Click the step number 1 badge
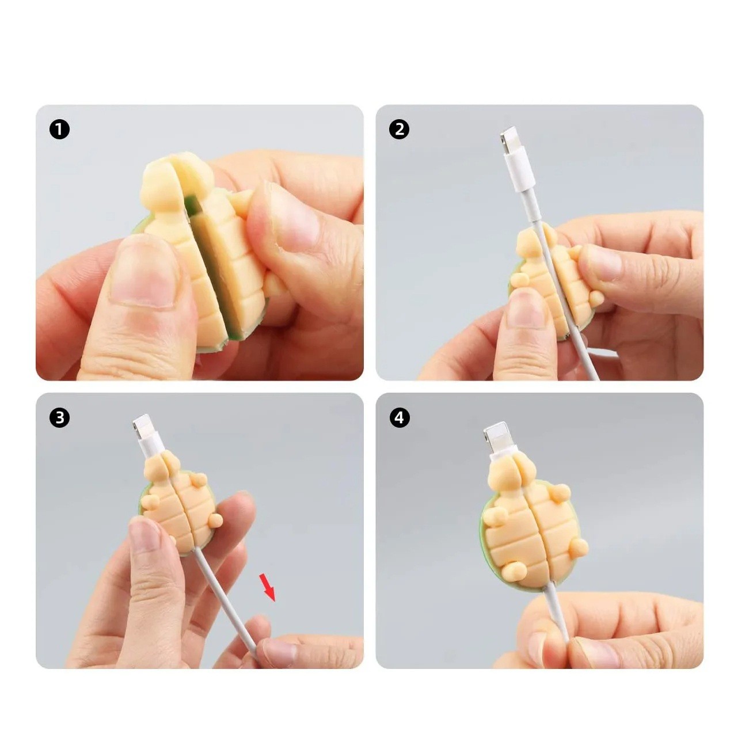59,130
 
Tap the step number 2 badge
400,130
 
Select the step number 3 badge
59,418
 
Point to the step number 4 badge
400,418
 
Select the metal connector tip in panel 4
495,435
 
